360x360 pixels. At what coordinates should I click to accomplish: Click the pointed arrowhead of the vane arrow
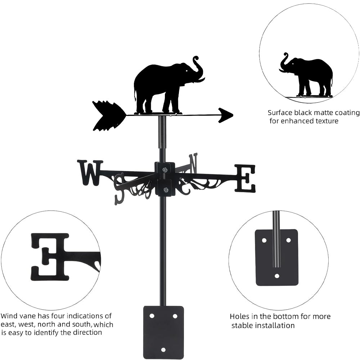click(226, 115)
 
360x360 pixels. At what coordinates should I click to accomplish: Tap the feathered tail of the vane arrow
click(106, 115)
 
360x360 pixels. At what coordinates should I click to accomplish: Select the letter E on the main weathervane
click(245, 178)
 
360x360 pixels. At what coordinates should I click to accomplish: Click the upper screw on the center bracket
click(165, 170)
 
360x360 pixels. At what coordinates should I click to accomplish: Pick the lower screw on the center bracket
click(165, 190)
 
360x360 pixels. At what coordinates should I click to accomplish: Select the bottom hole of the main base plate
click(163, 350)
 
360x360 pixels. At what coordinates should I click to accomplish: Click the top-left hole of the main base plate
click(152, 316)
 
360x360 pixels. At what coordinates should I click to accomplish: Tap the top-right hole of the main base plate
click(175, 316)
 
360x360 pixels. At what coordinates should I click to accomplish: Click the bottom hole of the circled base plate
click(277, 276)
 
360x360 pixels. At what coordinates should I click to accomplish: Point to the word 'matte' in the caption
click(314, 113)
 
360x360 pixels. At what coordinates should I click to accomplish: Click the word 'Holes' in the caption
click(239, 317)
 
